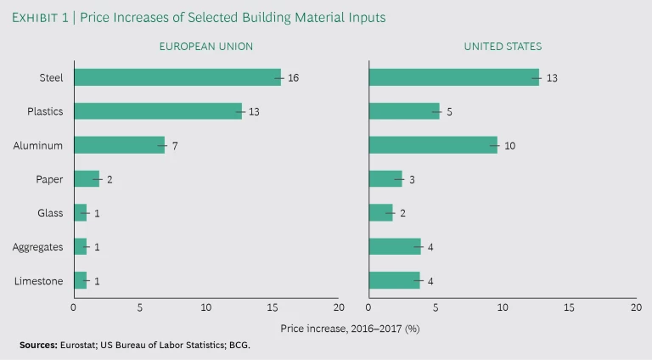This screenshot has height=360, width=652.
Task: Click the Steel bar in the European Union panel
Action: [x=177, y=77]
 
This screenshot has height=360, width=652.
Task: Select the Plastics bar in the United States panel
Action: [x=404, y=111]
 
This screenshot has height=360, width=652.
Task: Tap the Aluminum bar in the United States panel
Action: [x=433, y=145]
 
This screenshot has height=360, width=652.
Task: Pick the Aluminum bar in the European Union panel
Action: [x=119, y=145]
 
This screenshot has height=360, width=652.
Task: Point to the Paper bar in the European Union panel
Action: [x=87, y=178]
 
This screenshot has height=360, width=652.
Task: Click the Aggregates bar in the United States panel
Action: [x=395, y=246]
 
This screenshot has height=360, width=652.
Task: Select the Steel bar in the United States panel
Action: [x=453, y=77]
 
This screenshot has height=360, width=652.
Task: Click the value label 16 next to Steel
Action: [x=293, y=78]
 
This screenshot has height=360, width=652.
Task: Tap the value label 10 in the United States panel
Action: [x=509, y=146]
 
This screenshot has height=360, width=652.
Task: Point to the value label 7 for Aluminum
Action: [x=175, y=146]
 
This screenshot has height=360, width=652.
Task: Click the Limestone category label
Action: [x=39, y=280]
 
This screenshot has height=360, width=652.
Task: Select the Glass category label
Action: [x=49, y=212]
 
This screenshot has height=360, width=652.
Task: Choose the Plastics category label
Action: [x=45, y=111]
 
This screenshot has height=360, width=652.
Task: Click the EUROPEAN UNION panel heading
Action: [x=205, y=47]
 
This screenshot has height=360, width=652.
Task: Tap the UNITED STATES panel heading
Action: [x=503, y=47]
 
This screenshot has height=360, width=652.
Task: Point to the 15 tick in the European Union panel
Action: [x=273, y=307]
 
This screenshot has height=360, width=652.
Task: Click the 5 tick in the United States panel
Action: [x=436, y=307]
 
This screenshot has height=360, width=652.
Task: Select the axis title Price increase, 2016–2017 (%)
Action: [x=350, y=327]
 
